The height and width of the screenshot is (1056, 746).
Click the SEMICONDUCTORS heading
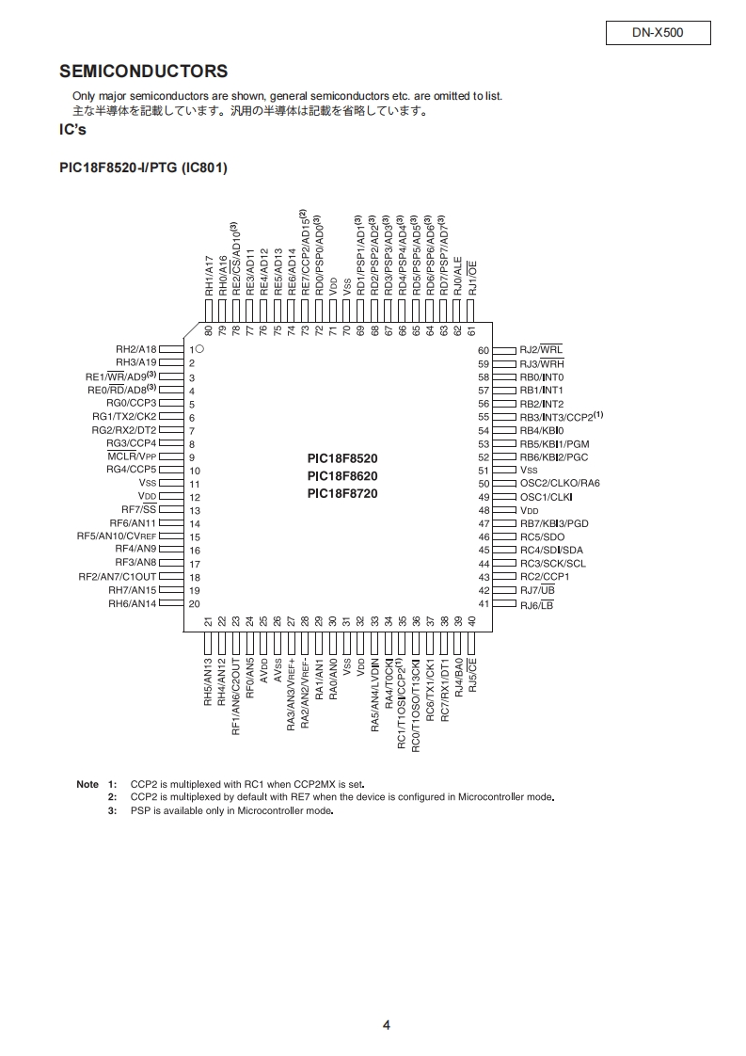[143, 72]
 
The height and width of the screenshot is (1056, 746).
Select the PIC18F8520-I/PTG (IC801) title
[143, 168]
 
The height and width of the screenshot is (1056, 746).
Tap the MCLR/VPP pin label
[131, 456]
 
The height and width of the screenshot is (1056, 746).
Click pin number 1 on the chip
[191, 349]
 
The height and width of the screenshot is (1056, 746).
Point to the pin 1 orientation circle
[199, 348]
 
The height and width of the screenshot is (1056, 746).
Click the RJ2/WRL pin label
[541, 350]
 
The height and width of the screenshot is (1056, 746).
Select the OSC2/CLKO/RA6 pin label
[559, 483]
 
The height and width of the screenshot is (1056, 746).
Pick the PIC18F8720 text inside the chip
[341, 493]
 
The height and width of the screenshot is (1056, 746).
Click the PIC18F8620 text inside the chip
[341, 475]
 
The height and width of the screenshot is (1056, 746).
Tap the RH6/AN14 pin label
[132, 603]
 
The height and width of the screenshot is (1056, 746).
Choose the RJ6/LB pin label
[536, 604]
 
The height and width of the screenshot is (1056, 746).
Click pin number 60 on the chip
[484, 350]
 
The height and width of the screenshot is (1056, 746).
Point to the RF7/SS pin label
[139, 509]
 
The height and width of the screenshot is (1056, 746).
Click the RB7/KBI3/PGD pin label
[554, 523]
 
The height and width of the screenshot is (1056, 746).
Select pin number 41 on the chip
[484, 604]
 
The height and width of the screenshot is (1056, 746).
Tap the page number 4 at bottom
[386, 1026]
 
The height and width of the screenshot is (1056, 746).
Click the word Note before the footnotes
[87, 784]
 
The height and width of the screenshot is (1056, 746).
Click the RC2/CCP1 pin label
[544, 577]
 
